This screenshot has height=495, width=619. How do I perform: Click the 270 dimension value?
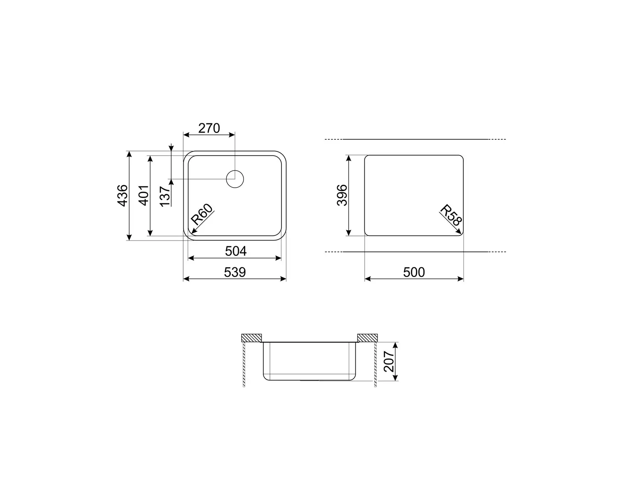209,128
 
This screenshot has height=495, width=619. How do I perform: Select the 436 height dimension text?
123,196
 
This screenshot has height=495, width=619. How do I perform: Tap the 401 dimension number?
144,196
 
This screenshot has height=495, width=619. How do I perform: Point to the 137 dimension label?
165,196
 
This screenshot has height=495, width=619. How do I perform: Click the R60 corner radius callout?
202,214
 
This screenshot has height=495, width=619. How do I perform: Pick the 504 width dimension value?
236,251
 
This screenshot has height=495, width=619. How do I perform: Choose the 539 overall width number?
235,272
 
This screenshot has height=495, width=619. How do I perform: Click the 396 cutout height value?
342,195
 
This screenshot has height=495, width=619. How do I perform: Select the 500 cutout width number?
414,272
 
